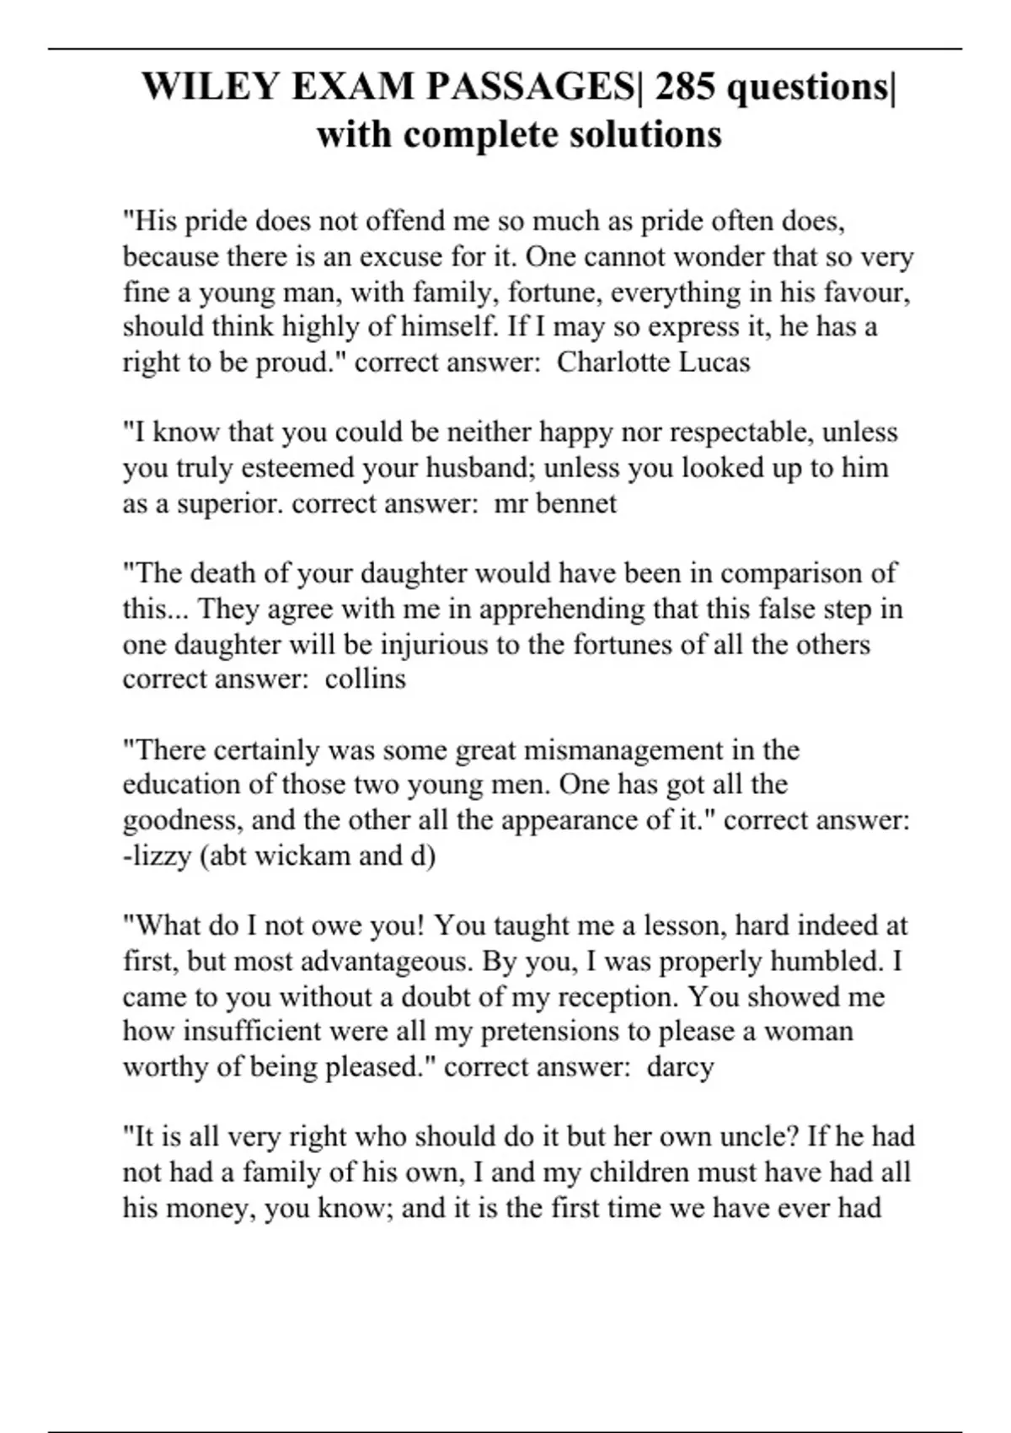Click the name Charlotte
tap(613, 362)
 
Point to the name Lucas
tap(714, 362)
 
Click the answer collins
tap(366, 679)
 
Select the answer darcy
tap(680, 1066)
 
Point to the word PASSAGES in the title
tap(463, 87)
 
